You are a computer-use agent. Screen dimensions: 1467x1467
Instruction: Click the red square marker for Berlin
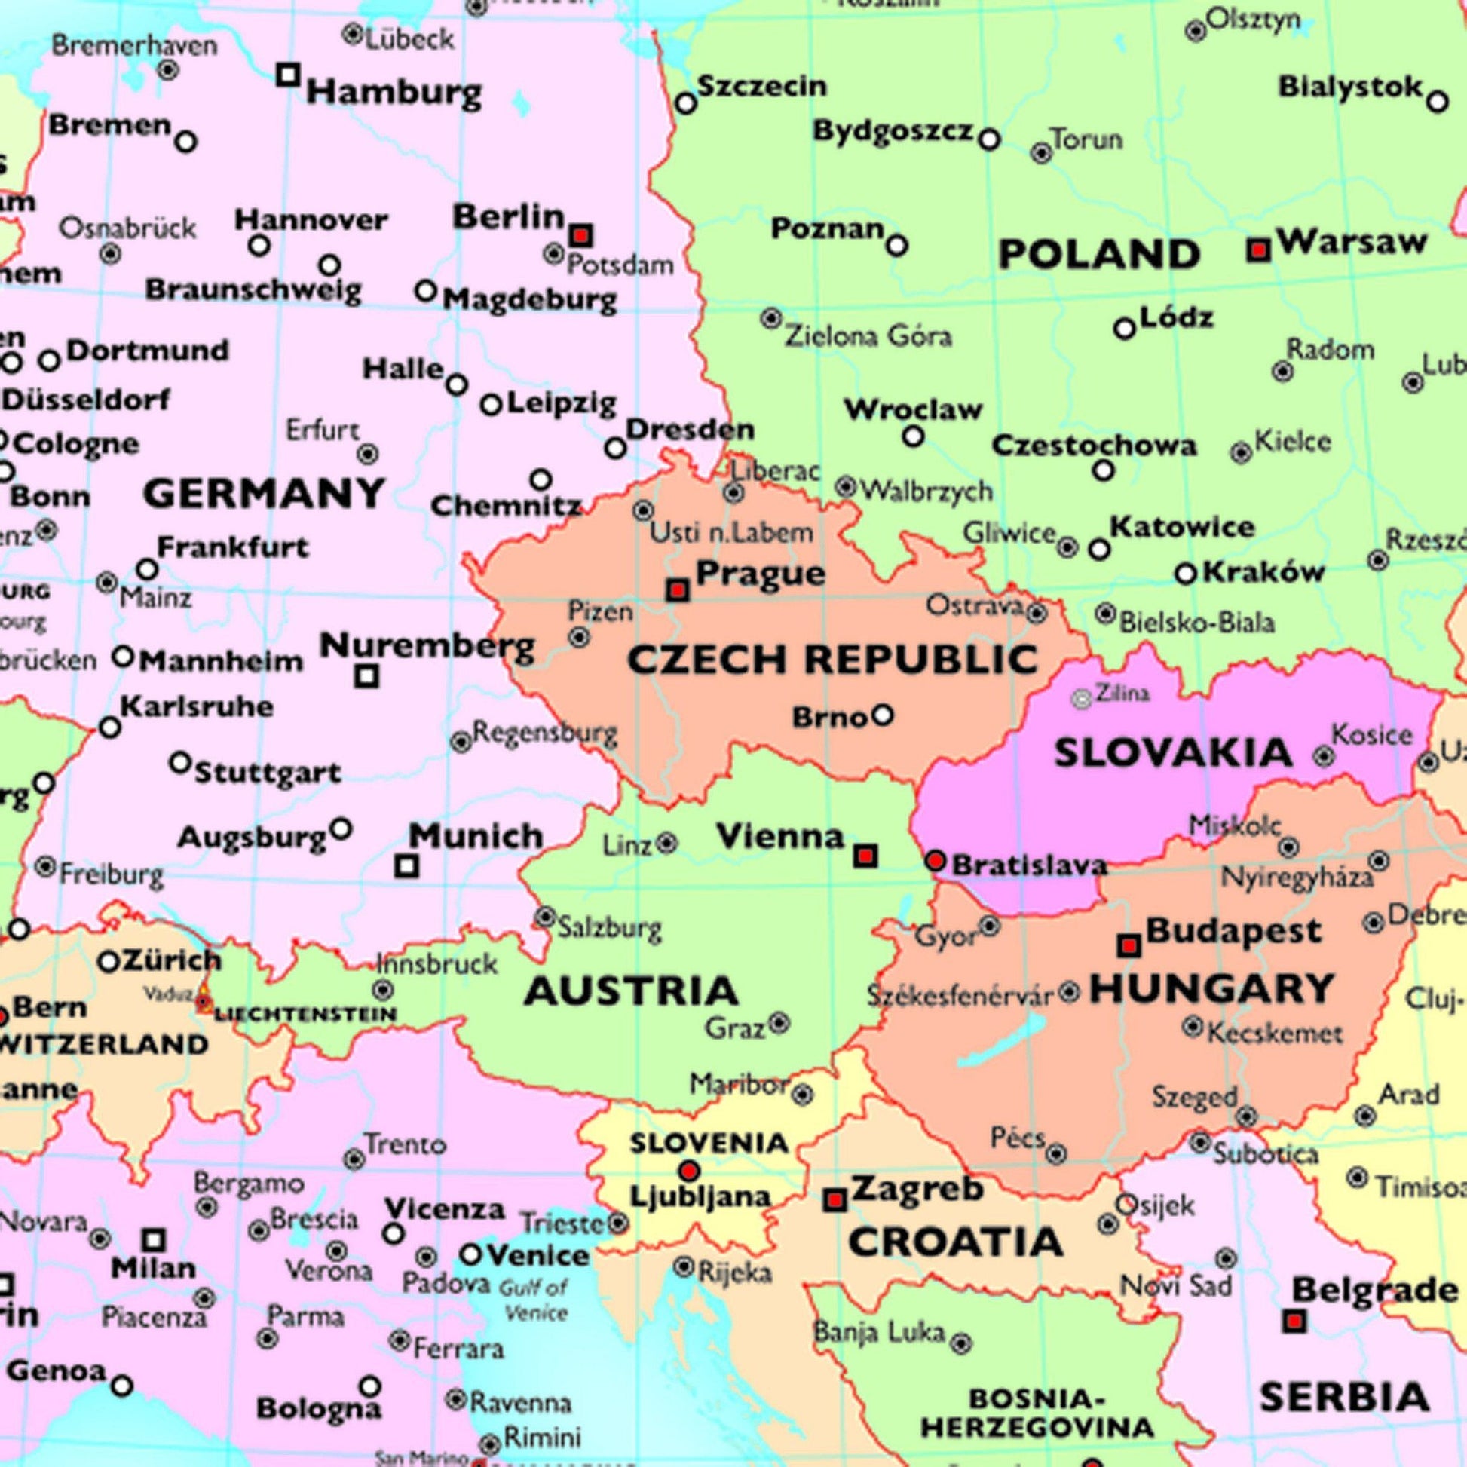pyautogui.click(x=581, y=234)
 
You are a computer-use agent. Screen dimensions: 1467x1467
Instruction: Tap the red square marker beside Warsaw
pyautogui.click(x=1259, y=250)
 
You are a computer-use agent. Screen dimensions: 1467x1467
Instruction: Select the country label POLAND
pyautogui.click(x=1098, y=254)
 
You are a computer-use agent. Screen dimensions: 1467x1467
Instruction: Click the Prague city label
pyautogui.click(x=760, y=574)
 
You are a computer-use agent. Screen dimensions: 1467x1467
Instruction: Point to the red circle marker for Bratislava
pyautogui.click(x=936, y=860)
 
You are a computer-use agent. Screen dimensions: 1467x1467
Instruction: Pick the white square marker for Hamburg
pyautogui.click(x=288, y=75)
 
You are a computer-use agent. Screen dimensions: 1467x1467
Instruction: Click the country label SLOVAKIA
pyautogui.click(x=1173, y=753)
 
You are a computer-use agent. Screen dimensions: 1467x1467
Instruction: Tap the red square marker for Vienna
pyautogui.click(x=865, y=856)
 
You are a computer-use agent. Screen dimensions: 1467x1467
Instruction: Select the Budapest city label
pyautogui.click(x=1234, y=931)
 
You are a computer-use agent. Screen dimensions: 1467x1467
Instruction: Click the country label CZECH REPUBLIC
pyautogui.click(x=832, y=658)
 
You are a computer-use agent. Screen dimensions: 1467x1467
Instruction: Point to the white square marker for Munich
pyautogui.click(x=407, y=865)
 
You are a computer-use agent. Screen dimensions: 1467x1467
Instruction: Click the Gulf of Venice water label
pyautogui.click(x=534, y=1299)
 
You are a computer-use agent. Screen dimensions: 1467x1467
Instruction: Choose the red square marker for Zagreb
pyautogui.click(x=835, y=1200)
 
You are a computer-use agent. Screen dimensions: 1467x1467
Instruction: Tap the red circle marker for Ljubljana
pyautogui.click(x=689, y=1170)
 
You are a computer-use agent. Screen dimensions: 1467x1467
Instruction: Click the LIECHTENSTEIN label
pyautogui.click(x=305, y=1015)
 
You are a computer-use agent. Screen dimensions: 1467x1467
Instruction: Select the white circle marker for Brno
pyautogui.click(x=882, y=715)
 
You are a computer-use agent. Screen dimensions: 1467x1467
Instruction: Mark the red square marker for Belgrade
pyautogui.click(x=1294, y=1322)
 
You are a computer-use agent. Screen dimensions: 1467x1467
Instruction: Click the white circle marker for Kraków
pyautogui.click(x=1186, y=574)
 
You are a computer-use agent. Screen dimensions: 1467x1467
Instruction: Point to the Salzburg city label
pyautogui.click(x=610, y=928)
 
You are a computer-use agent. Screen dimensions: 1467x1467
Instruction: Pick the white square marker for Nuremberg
pyautogui.click(x=366, y=675)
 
